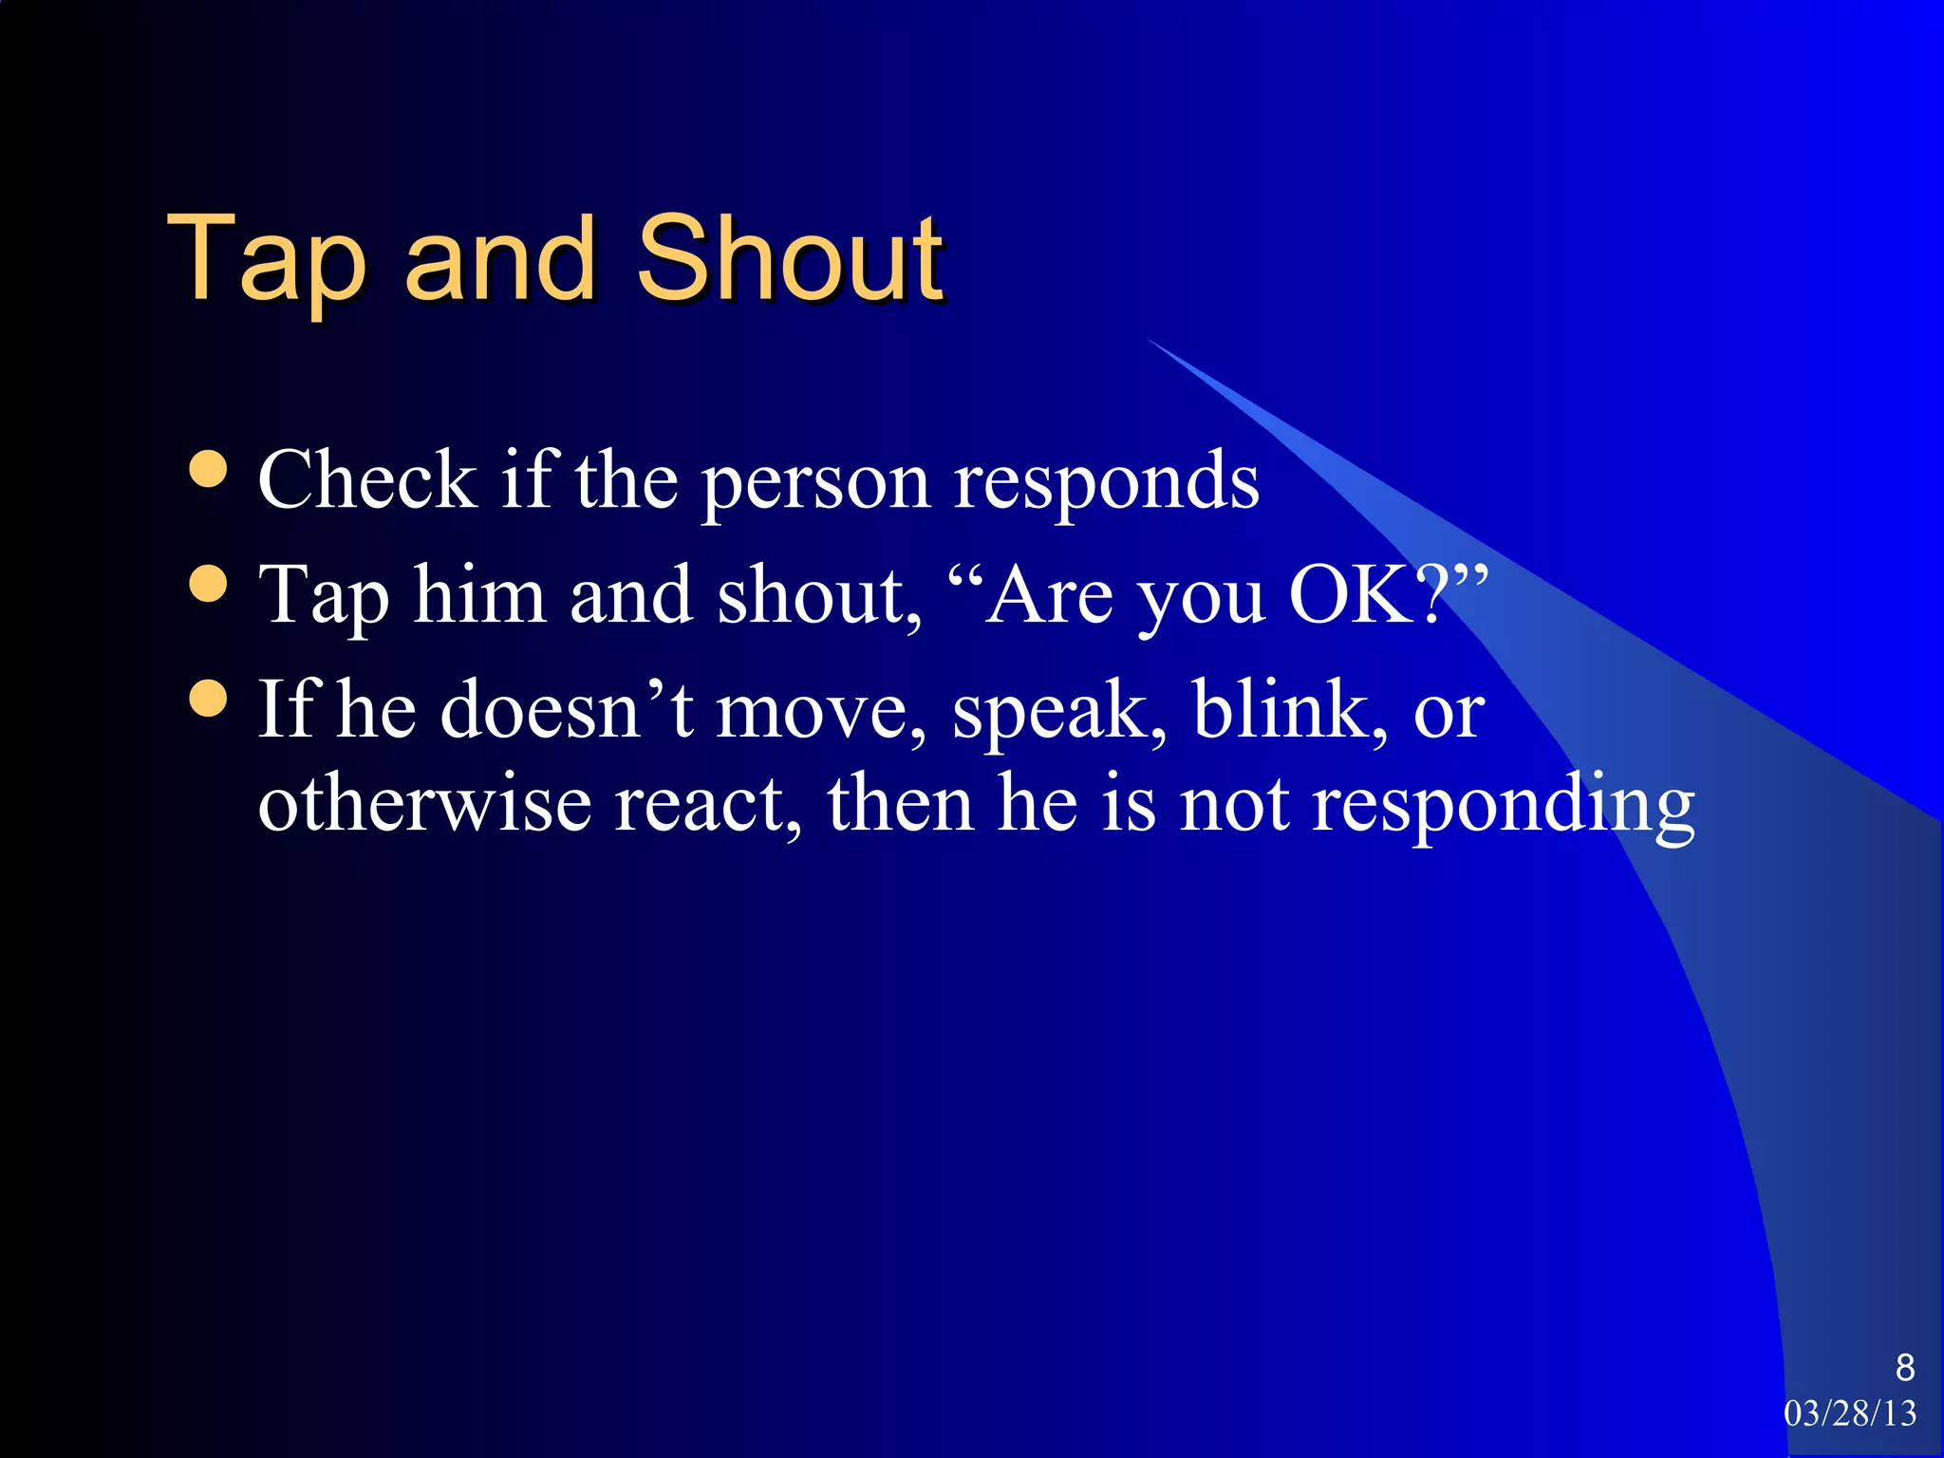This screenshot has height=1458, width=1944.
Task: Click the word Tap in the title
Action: pos(267,258)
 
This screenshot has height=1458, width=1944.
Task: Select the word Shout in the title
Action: pos(790,258)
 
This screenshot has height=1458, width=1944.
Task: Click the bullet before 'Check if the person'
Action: pos(208,468)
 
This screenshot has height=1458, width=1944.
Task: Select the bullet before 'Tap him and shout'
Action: pos(208,584)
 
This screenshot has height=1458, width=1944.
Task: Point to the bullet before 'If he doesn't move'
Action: pos(208,698)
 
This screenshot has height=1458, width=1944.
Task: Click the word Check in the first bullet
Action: pos(366,480)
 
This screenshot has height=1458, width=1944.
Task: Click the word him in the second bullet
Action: pos(479,595)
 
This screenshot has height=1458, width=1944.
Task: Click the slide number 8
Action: pos(1904,1368)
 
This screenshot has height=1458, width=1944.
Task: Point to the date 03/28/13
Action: pos(1850,1413)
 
